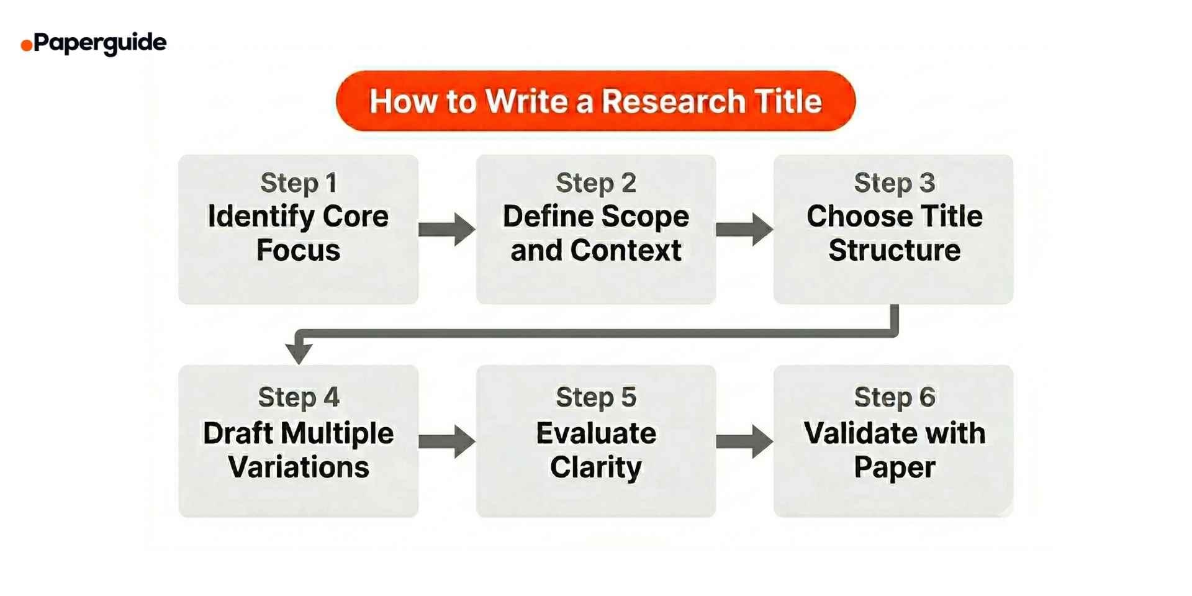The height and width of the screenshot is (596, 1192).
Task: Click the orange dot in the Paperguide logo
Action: coord(26,45)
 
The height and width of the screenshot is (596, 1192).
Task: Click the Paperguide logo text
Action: coord(100,43)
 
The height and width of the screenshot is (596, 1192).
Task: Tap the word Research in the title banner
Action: coord(674,101)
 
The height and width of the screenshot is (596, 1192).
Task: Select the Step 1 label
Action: coord(298,183)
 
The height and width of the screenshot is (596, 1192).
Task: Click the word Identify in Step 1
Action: coord(261,217)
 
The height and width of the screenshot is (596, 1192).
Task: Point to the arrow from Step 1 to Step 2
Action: coord(446,229)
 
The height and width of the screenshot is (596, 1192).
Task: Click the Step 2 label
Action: coord(595,183)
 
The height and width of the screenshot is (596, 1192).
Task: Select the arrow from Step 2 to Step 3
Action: coord(744,229)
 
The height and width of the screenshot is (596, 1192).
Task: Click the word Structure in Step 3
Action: coord(894,251)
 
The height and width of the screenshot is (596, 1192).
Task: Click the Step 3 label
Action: coord(894,183)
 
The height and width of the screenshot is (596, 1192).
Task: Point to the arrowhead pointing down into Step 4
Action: coord(299,353)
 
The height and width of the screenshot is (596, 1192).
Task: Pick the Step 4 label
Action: coord(298,397)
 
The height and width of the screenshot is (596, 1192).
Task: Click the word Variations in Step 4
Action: coord(298,467)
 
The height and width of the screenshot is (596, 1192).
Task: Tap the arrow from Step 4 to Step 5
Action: coord(446,441)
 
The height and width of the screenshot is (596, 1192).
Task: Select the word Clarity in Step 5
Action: coord(595,467)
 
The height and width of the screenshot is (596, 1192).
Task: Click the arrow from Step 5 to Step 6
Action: coord(744,441)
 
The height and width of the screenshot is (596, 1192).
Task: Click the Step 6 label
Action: coord(894,397)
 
